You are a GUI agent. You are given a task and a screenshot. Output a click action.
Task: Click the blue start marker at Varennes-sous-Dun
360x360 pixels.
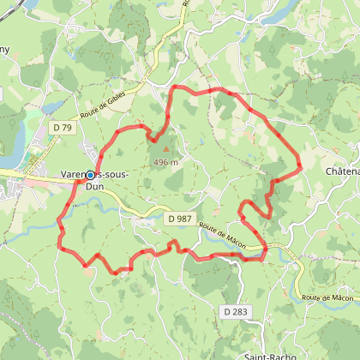pyautogui.click(x=91, y=175)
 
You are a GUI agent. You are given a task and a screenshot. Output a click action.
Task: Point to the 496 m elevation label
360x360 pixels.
pyautogui.click(x=165, y=162)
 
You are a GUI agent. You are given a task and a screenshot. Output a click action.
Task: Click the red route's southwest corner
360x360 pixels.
pyautogui.click(x=60, y=247)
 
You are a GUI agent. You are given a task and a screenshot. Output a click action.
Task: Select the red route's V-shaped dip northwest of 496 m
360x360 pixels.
pyautogui.click(x=153, y=138)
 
